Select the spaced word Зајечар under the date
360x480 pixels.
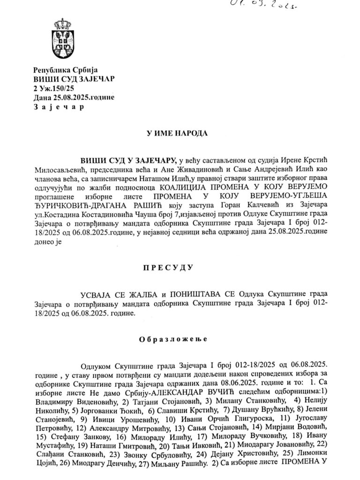click(x=59, y=106)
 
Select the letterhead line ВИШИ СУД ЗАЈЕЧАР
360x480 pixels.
click(x=74, y=79)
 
